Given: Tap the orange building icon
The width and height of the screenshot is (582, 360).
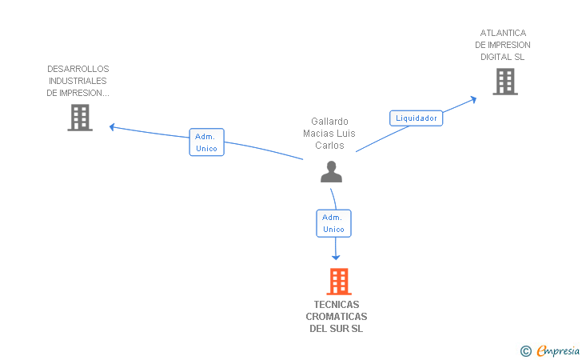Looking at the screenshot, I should click(x=339, y=282).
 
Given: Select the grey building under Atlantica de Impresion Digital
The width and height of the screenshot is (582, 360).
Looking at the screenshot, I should click(x=504, y=82).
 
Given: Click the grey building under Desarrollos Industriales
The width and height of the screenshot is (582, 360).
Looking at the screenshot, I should click(x=79, y=118).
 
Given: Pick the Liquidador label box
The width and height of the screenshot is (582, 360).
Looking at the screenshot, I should click(x=417, y=118).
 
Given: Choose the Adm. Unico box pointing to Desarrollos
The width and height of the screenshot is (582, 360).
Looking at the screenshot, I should click(x=206, y=142).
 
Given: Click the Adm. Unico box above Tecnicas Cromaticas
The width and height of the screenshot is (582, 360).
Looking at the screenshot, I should click(x=333, y=223).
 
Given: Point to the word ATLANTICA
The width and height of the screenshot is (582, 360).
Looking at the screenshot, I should click(x=504, y=33).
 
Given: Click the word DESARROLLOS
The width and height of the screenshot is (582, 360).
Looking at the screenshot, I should click(x=78, y=69).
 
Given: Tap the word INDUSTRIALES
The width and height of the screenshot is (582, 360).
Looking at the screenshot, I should click(x=78, y=81).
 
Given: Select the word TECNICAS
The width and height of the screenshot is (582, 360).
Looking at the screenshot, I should click(x=337, y=305).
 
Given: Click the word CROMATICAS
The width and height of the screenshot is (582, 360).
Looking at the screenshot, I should click(x=337, y=317).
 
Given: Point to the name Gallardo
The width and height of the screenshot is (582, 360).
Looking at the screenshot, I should click(x=329, y=122).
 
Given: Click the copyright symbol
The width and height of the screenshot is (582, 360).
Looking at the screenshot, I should click(x=525, y=350).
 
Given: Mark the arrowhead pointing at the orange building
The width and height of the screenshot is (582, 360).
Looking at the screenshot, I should click(x=336, y=257).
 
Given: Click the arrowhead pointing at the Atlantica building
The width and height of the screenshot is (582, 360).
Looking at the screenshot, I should click(x=473, y=99).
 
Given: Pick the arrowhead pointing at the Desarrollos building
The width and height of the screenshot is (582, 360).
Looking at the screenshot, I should click(x=113, y=126).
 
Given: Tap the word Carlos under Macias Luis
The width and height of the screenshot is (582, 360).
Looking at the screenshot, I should click(x=329, y=146).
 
